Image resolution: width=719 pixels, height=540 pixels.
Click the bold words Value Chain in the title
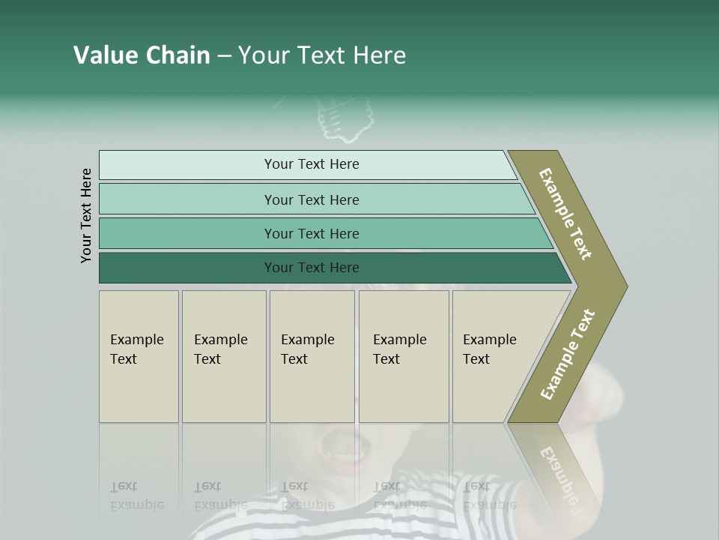[142, 55]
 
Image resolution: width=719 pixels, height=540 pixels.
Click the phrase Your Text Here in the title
[322, 55]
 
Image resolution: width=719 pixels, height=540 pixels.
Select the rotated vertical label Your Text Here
[86, 215]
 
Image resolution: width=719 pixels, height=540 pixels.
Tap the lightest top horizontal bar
[311, 164]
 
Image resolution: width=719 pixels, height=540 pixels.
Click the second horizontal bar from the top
[311, 199]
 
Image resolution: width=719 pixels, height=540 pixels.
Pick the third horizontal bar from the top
[311, 233]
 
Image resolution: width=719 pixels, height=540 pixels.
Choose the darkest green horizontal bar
[311, 268]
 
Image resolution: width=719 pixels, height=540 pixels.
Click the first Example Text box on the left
[139, 356]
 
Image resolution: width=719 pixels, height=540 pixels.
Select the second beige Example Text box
[223, 356]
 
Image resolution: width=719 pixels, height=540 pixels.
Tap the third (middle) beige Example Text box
[311, 356]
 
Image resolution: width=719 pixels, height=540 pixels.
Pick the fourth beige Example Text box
[404, 356]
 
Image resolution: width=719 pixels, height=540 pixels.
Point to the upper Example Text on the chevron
[565, 214]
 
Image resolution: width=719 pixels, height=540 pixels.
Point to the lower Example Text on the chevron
[568, 355]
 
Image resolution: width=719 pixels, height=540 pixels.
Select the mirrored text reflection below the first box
[136, 496]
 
